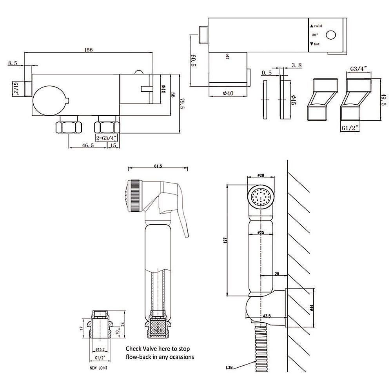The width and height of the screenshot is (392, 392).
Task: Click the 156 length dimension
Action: point(89,50)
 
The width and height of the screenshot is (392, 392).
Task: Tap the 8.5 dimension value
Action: point(13,62)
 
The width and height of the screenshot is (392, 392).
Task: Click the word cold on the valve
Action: point(318,26)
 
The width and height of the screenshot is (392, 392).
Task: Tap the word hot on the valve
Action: point(317,44)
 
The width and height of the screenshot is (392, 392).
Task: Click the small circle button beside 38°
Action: point(332,35)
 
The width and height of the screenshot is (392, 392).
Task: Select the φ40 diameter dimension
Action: point(228,93)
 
